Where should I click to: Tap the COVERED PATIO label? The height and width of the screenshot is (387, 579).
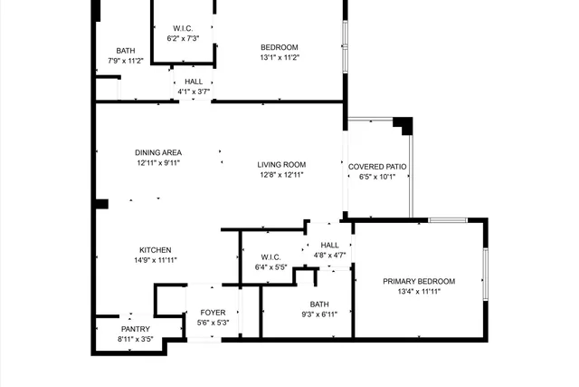tap(377, 167)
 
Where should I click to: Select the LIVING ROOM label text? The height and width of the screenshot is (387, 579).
tap(281, 165)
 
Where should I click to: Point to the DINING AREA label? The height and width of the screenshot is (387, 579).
tap(159, 152)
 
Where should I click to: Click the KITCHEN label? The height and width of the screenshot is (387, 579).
tap(155, 250)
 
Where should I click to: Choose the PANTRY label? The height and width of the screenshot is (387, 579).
tap(136, 329)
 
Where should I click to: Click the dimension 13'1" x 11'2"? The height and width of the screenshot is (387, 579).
tap(280, 57)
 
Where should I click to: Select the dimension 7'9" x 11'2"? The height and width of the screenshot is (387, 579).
tap(126, 61)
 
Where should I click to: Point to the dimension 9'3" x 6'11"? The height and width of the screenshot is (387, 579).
tap(319, 314)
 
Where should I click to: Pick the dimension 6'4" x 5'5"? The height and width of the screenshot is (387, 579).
tap(271, 267)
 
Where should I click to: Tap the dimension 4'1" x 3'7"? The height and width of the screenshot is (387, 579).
tap(192, 91)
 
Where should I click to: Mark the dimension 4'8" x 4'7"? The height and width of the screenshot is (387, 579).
tap(329, 256)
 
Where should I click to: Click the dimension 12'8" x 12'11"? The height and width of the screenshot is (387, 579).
tap(281, 175)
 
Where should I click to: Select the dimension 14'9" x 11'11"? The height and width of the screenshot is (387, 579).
tap(155, 260)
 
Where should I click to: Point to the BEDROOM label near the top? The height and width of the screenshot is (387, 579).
tap(280, 47)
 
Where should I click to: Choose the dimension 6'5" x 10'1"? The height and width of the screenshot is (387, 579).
tap(377, 178)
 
